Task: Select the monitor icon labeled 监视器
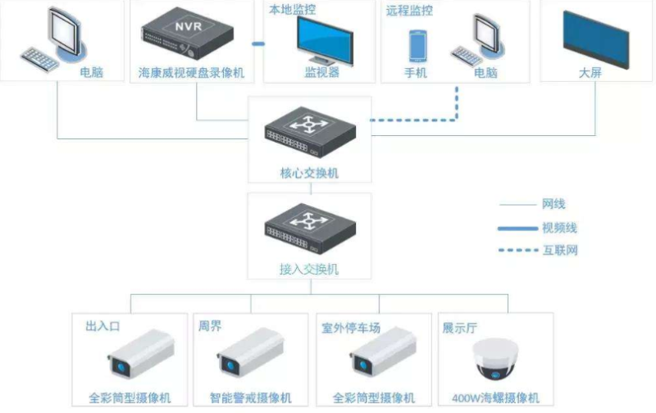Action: pyautogui.click(x=323, y=40)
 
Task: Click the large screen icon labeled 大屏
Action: pyautogui.click(x=595, y=38)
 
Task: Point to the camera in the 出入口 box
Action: pyautogui.click(x=141, y=354)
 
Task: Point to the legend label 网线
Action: pyautogui.click(x=553, y=204)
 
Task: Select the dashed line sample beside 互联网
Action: pyautogui.click(x=517, y=250)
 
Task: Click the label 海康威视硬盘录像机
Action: pyautogui.click(x=191, y=73)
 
